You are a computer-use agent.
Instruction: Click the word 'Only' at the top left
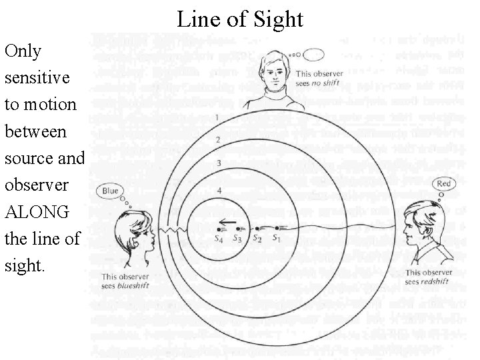pyautogui.click(x=23, y=51)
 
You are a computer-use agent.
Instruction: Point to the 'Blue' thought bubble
pyautogui.click(x=110, y=191)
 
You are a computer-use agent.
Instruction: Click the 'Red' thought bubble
pyautogui.click(x=443, y=184)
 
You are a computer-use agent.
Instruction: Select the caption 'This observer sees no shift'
pyautogui.click(x=319, y=78)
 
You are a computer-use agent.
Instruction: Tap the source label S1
pyautogui.click(x=277, y=237)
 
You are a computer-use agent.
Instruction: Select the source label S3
pyautogui.click(x=237, y=237)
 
